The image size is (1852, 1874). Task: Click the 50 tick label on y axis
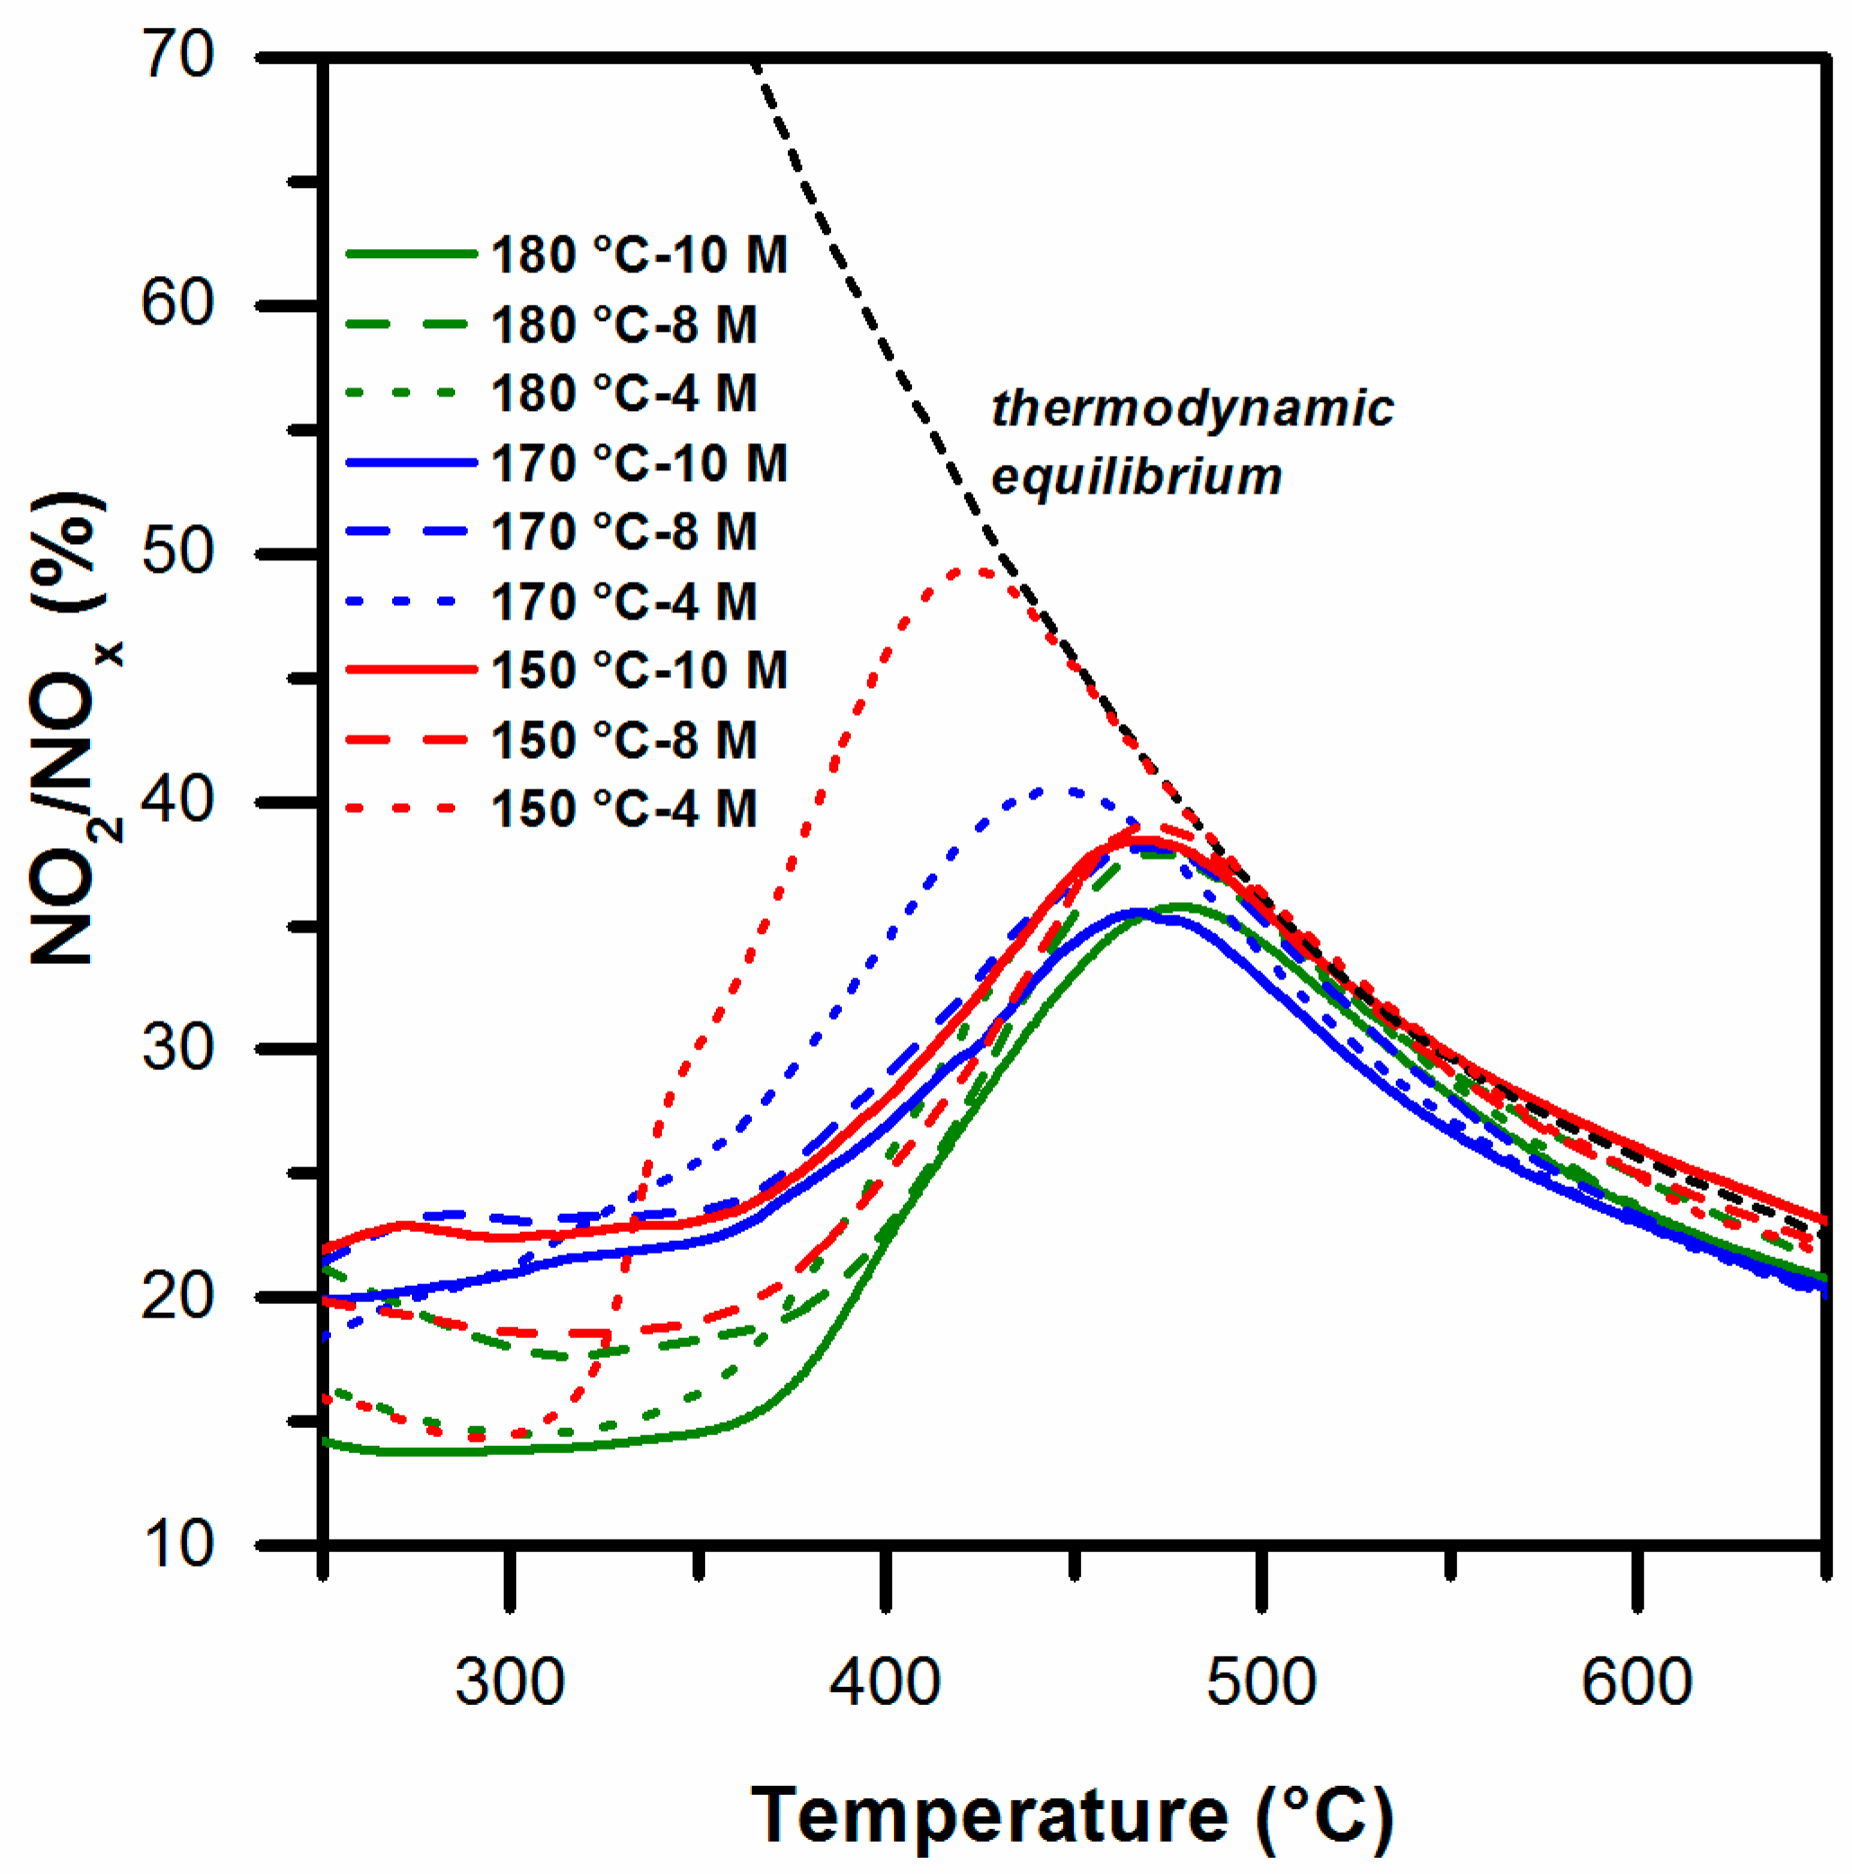pos(177,553)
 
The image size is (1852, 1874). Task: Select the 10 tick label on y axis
pos(177,1543)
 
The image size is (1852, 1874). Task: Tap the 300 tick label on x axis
pos(509,1683)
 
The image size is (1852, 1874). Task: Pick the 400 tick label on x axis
pos(885,1683)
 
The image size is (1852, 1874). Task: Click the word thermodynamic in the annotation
pos(1191,408)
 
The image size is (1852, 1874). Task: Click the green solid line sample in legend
pos(411,254)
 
